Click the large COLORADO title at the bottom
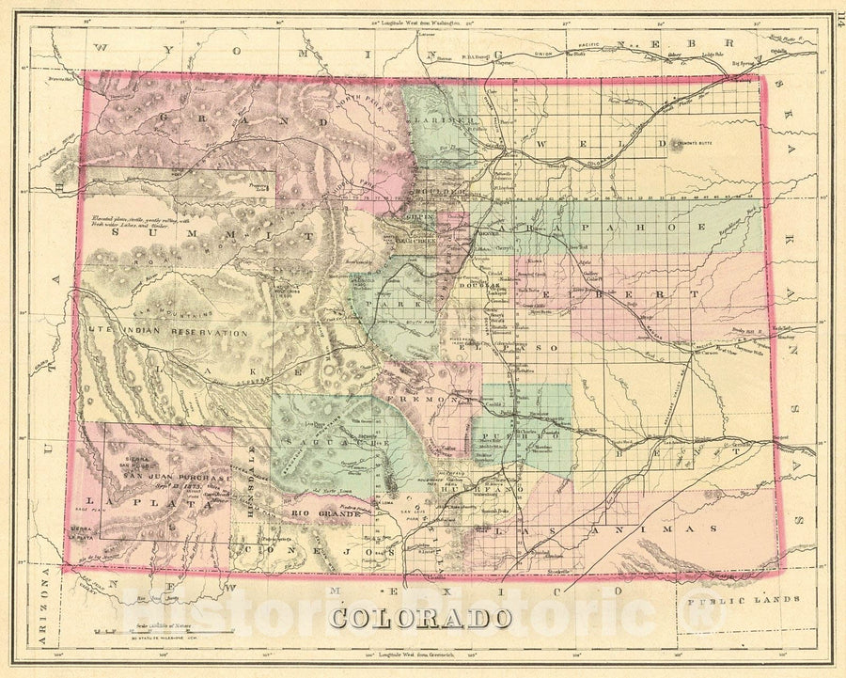pyautogui.click(x=420, y=618)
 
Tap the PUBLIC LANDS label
pyautogui.click(x=743, y=599)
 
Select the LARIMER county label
pyautogui.click(x=445, y=122)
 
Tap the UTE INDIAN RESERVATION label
pyautogui.click(x=169, y=333)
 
